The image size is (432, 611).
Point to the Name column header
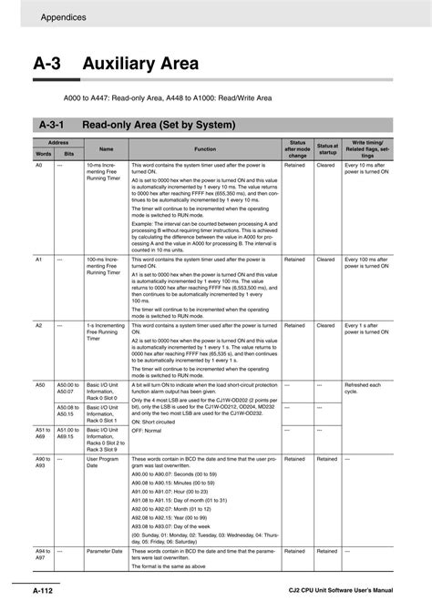106,148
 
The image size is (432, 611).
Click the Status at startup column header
328,148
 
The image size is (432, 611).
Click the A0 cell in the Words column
40,166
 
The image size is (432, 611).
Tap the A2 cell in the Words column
40,325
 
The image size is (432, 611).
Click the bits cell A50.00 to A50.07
69,389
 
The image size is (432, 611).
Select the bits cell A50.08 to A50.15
69,410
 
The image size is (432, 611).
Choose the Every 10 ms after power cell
367,169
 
